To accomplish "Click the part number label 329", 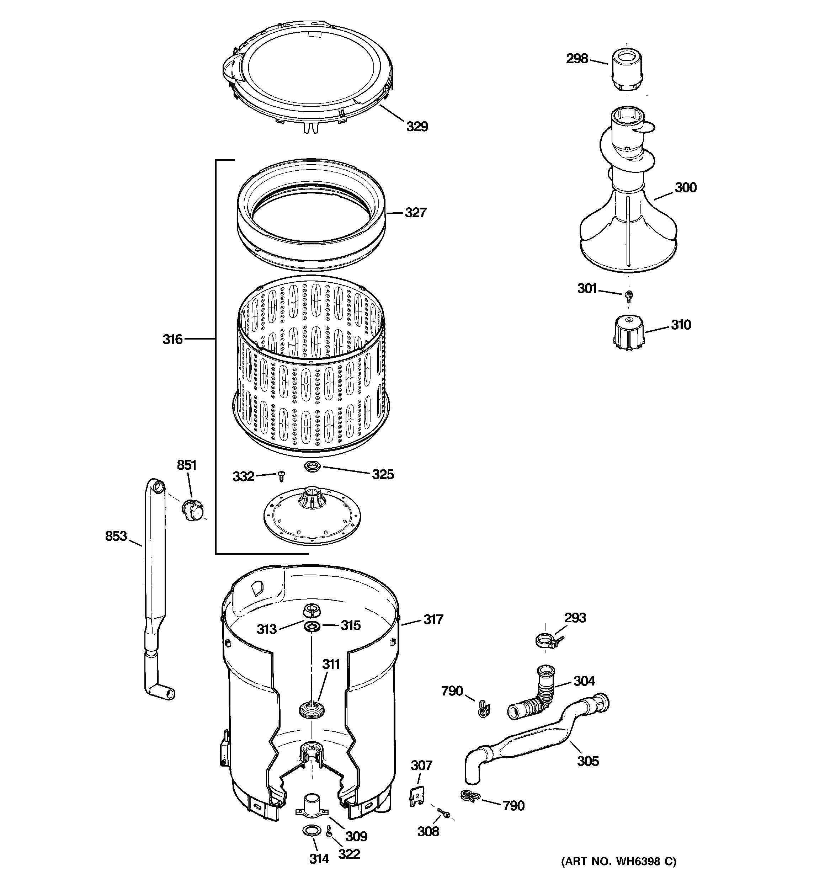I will tap(417, 127).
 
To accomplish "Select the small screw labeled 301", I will tap(628, 295).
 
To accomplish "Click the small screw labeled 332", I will tap(280, 476).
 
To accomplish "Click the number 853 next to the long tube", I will tap(116, 536).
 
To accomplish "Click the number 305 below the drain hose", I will tap(588, 761).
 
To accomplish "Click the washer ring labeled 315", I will tap(312, 626).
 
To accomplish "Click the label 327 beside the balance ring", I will tap(415, 213).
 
